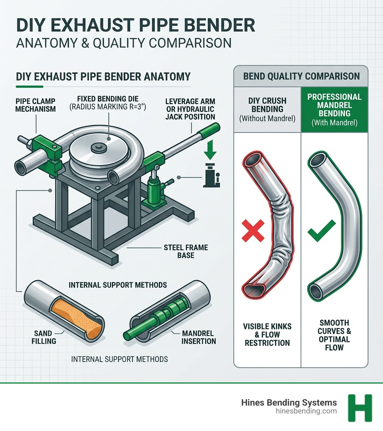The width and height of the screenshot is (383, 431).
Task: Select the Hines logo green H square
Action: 360,408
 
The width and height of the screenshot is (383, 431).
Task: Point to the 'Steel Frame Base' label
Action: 181,251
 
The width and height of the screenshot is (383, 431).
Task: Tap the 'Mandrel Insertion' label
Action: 199,337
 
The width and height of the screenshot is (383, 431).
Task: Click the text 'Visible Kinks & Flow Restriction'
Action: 267,334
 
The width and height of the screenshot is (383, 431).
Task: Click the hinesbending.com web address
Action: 305,411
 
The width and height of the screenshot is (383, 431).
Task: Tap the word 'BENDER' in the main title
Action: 203,25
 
